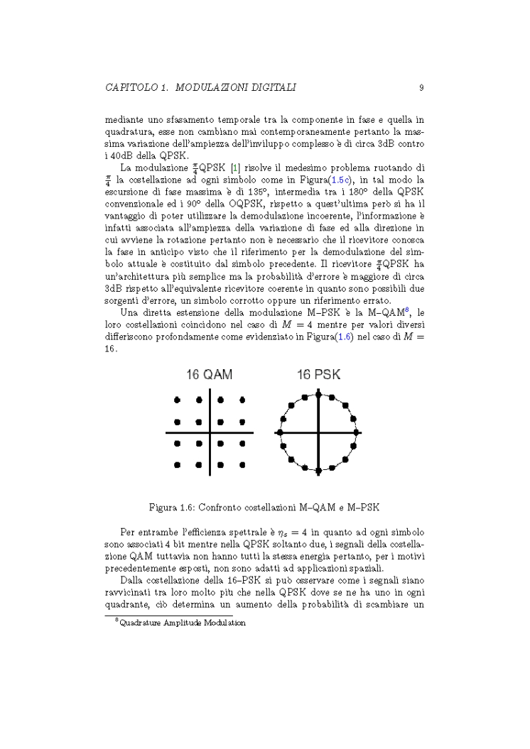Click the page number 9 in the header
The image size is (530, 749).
[421, 88]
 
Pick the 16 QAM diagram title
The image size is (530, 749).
[210, 374]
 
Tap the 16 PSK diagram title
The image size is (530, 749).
[318, 374]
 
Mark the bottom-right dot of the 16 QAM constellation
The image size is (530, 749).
[242, 464]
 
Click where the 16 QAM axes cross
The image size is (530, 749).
[210, 432]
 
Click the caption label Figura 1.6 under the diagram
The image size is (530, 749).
[175, 508]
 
